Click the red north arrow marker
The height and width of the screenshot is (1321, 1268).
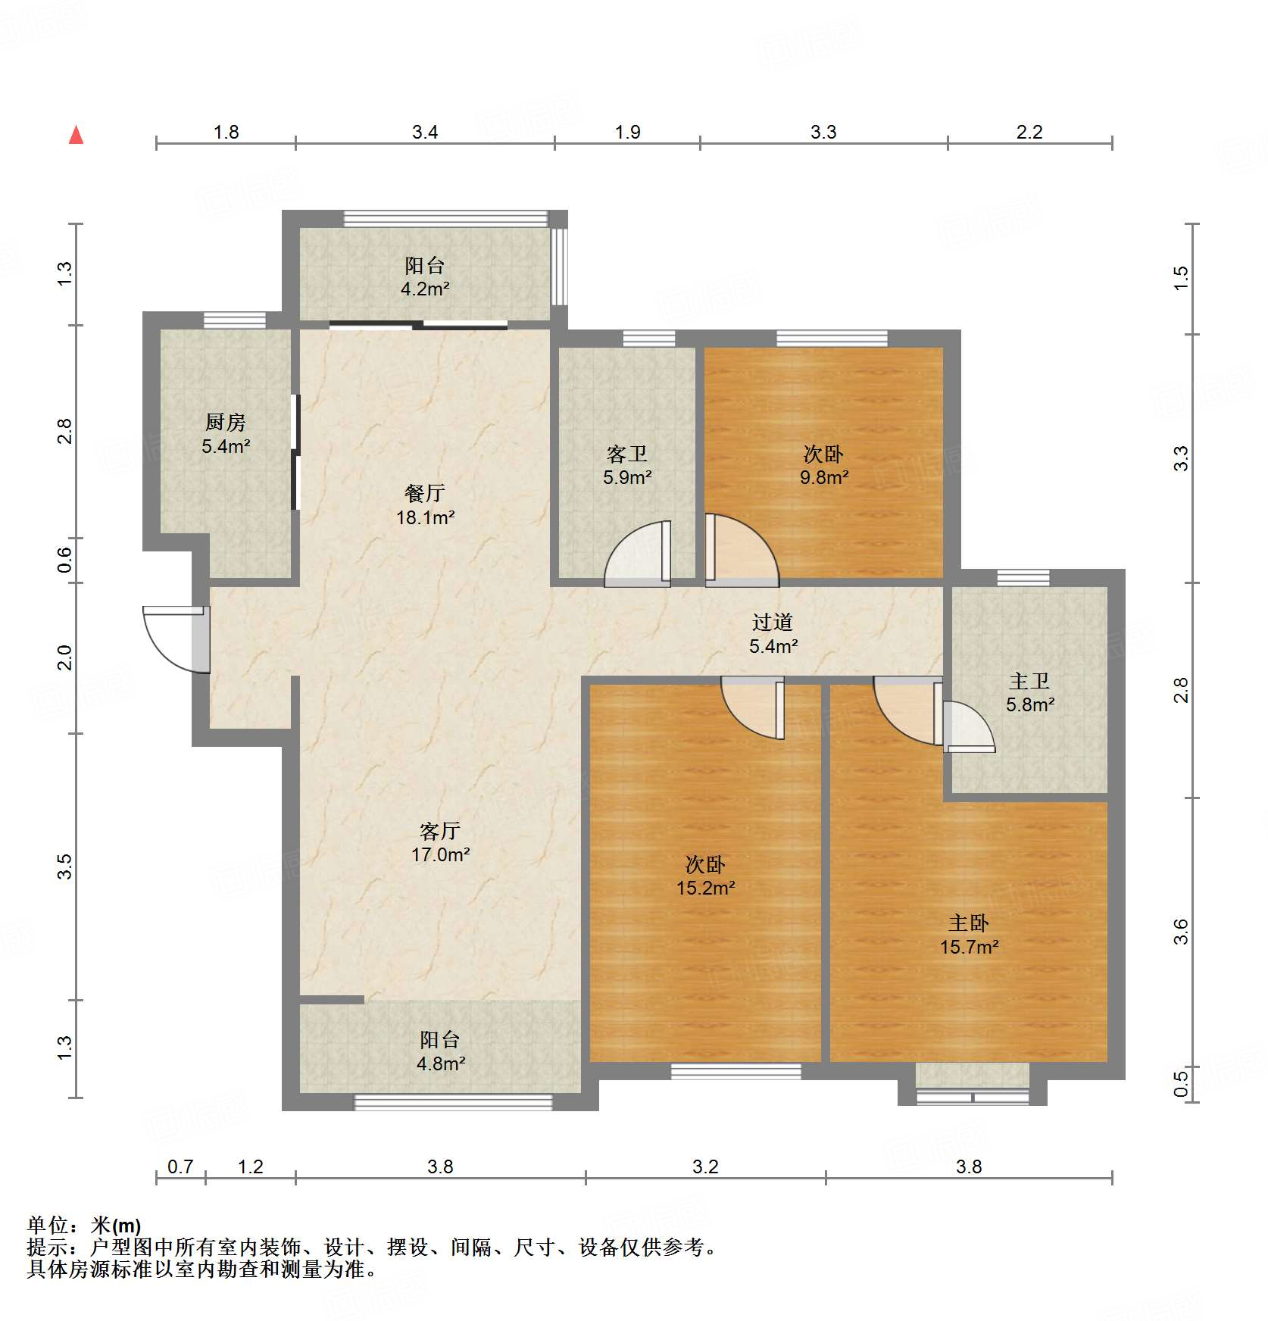coord(76,136)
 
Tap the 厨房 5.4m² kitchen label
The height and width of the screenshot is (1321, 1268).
coord(226,434)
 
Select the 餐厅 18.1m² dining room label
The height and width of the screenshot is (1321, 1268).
coord(425,505)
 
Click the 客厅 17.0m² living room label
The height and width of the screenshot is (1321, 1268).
coord(440,842)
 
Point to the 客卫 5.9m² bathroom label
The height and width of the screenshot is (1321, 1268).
coord(627,465)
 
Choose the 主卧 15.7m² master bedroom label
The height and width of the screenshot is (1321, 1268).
coord(969,935)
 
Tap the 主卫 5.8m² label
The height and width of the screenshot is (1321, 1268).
coord(1029,692)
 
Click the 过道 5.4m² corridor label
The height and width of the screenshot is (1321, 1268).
coord(773,634)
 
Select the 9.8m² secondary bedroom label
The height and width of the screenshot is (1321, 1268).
coord(823,465)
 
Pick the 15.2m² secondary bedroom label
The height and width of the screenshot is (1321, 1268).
coord(705,876)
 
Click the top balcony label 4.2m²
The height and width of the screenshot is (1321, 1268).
coord(424,276)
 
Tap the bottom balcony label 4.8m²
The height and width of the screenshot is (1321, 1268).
coord(440,1051)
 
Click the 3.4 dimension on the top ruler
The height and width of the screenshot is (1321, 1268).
coord(425,132)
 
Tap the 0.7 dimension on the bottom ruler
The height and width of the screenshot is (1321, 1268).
coord(180,1166)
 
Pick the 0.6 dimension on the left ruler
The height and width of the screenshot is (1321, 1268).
coord(65,560)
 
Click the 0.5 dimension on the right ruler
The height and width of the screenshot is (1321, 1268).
coord(1181,1081)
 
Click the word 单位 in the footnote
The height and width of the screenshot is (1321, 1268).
coord(47,1225)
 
